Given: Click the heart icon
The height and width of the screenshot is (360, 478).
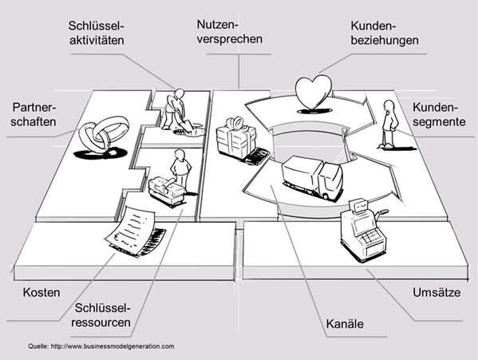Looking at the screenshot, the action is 313,93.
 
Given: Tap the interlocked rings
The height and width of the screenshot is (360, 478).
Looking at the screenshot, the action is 104,135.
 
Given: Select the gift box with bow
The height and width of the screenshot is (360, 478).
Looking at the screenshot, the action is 236,138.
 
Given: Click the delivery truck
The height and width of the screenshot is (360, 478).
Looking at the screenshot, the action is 313,177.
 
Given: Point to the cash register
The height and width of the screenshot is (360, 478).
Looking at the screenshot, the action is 363,229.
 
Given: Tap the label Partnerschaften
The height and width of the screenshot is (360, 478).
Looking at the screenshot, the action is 34,115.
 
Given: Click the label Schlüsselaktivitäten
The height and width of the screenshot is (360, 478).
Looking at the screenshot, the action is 97,33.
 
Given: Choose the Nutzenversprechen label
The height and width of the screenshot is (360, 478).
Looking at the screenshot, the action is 229,32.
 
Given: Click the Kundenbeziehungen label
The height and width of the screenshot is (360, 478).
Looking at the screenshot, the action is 385,33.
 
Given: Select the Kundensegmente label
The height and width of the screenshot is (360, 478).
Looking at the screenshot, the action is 439,115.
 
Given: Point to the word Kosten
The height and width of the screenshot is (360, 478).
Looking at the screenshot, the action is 41,293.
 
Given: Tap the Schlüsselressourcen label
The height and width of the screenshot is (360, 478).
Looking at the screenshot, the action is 101,315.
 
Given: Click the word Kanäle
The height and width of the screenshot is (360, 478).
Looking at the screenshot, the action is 345,323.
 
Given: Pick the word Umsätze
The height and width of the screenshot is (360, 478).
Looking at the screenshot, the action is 437,292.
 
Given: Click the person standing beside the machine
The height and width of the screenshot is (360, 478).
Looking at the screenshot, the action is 180,168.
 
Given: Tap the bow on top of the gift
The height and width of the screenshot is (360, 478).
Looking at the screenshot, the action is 235,122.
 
